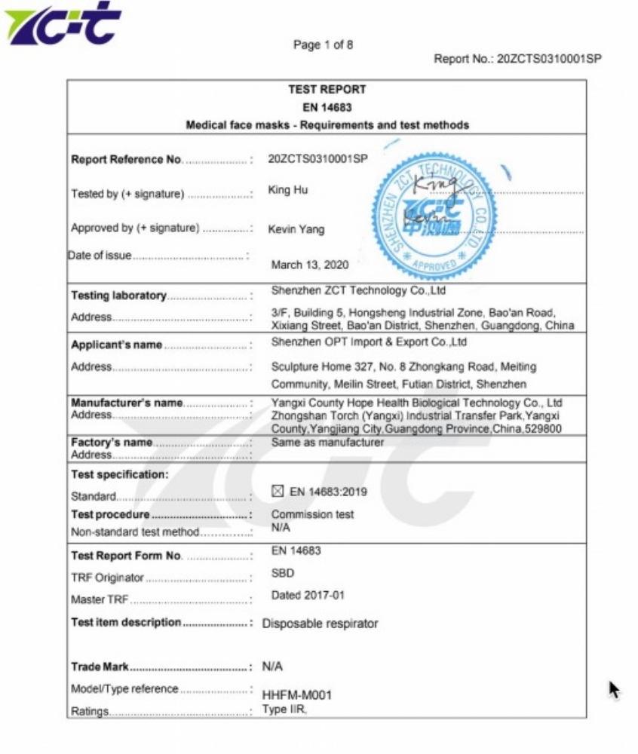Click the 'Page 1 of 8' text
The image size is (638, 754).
[323, 44]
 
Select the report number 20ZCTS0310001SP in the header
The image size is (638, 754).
[549, 59]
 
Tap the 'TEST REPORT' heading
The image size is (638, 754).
[327, 89]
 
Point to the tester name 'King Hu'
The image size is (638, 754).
[288, 190]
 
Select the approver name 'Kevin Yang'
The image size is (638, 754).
[296, 229]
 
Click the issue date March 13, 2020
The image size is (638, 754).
[310, 265]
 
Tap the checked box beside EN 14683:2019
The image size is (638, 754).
[278, 492]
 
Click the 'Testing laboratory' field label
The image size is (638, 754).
[118, 296]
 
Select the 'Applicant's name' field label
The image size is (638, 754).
[116, 345]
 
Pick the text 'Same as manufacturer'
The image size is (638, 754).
[327, 443]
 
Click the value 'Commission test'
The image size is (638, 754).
[312, 514]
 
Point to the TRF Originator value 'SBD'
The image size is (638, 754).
[283, 573]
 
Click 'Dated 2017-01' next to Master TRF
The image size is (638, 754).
[308, 595]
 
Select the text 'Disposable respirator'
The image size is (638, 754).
[320, 624]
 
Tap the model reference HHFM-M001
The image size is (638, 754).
[296, 694]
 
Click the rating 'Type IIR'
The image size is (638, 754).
[285, 710]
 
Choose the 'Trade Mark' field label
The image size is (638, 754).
[100, 667]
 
